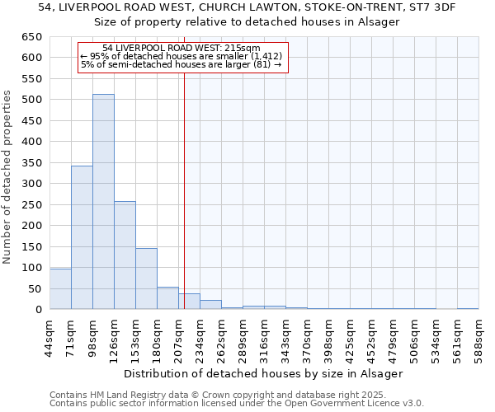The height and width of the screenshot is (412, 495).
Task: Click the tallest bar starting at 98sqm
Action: (x=103, y=202)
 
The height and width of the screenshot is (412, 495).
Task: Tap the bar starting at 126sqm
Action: (x=125, y=255)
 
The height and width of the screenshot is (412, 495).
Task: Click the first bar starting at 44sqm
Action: (x=60, y=289)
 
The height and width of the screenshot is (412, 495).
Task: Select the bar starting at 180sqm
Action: (x=167, y=298)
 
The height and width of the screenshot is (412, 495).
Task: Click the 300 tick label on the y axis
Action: (x=31, y=184)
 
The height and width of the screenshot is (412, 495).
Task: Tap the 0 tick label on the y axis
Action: (x=38, y=310)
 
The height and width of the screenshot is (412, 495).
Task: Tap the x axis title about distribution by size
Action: (x=264, y=374)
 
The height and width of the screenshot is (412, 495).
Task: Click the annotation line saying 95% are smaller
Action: (x=181, y=56)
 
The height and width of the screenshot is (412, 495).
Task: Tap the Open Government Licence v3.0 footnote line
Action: (x=237, y=403)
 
